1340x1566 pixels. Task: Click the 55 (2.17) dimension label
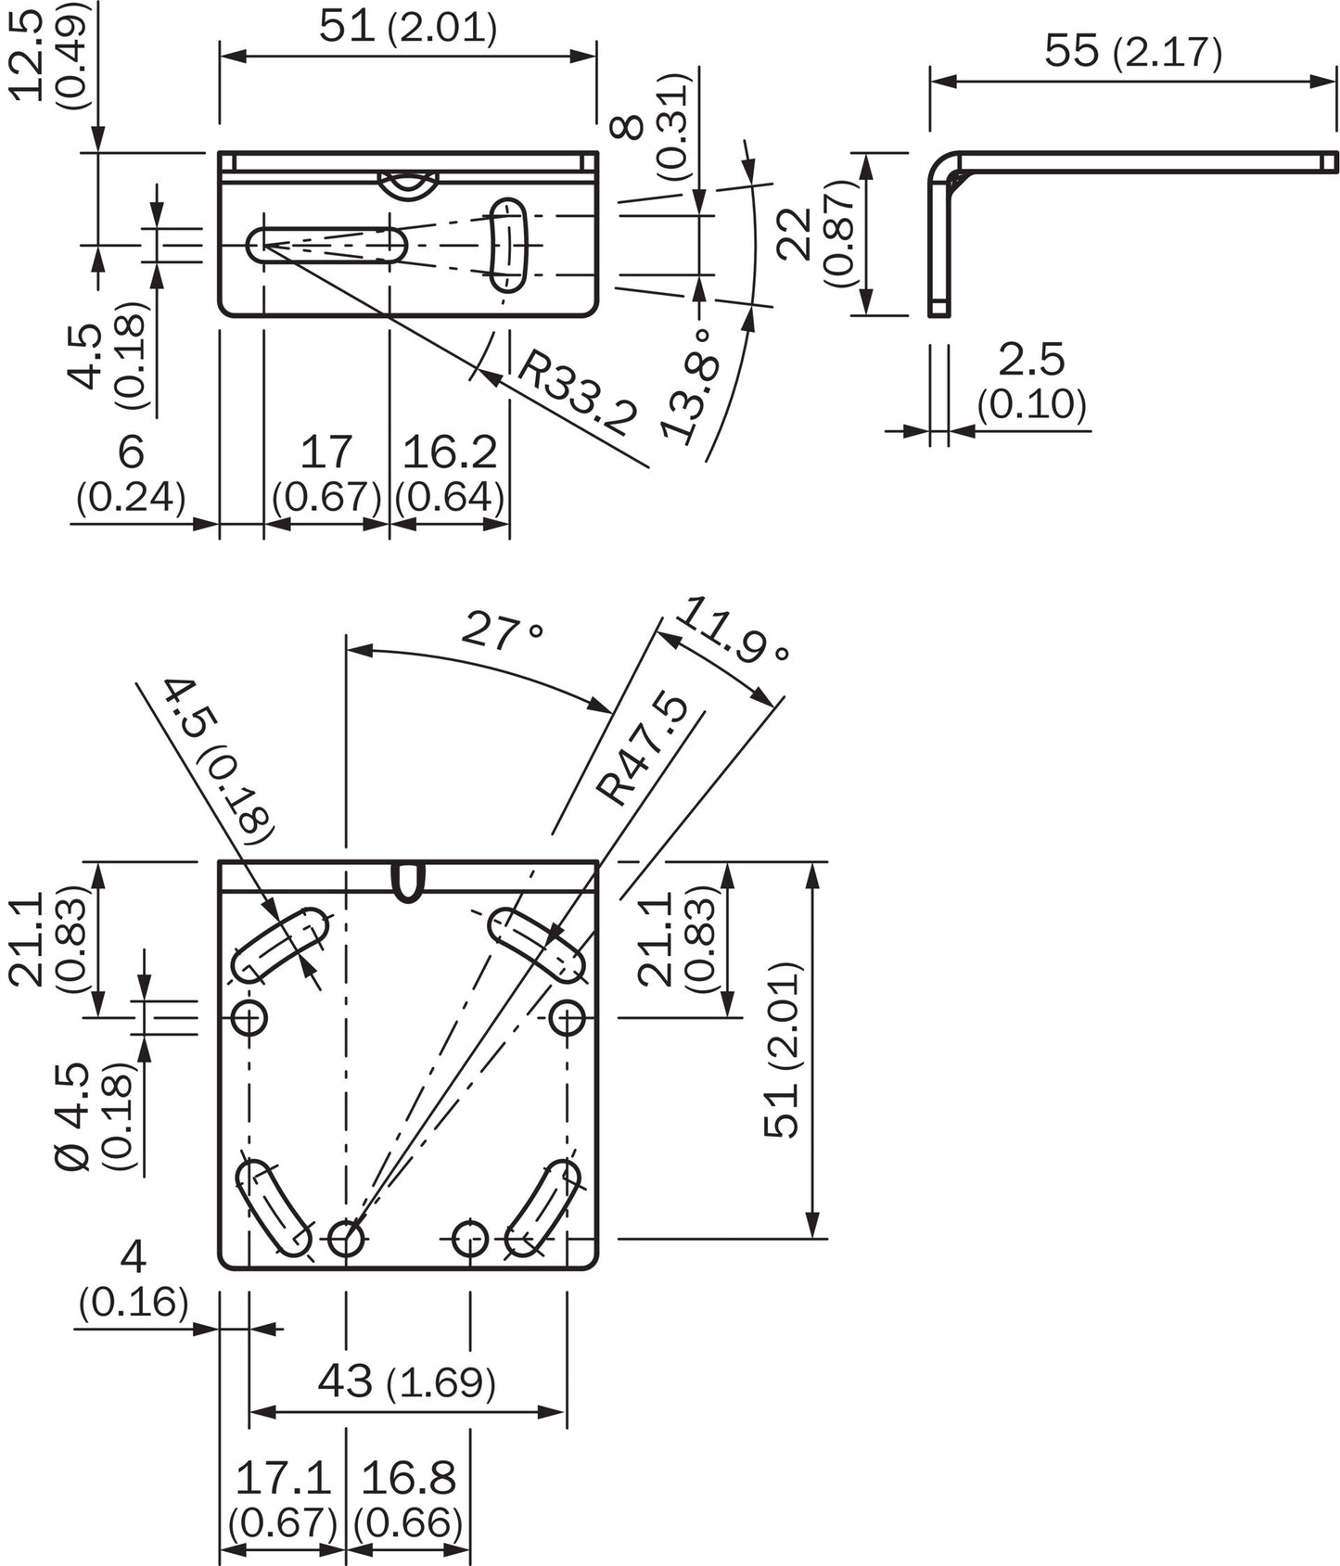click(x=1132, y=51)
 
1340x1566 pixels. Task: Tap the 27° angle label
click(x=502, y=631)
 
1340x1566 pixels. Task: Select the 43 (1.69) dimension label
click(x=406, y=1381)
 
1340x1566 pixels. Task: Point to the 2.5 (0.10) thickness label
click(x=1031, y=381)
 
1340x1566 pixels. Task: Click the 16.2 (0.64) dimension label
click(x=450, y=474)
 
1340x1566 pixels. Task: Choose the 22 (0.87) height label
click(x=817, y=234)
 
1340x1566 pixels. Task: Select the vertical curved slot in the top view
click(x=506, y=245)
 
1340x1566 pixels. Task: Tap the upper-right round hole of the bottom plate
click(x=567, y=1018)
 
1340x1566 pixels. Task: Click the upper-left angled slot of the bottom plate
click(x=279, y=945)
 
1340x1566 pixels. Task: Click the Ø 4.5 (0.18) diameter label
click(x=93, y=1116)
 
